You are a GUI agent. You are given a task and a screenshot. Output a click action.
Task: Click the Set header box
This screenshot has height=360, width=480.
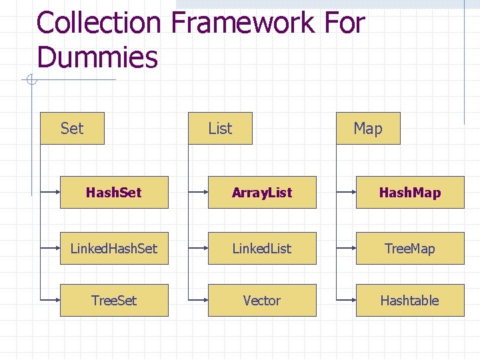click(x=72, y=128)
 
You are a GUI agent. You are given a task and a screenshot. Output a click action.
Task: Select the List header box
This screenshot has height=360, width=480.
click(x=220, y=128)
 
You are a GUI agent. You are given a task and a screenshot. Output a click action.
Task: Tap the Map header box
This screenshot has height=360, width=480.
click(x=368, y=128)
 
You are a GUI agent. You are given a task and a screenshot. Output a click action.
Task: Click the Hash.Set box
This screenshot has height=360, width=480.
click(x=114, y=193)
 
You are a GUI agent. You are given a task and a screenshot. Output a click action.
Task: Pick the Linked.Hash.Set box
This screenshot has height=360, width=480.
click(x=114, y=248)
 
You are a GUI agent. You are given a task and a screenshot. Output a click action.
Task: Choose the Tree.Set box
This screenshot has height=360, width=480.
click(x=114, y=300)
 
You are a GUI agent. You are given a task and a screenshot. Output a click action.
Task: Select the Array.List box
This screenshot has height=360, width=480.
click(x=262, y=193)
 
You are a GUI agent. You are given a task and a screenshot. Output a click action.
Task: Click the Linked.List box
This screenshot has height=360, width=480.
click(x=262, y=248)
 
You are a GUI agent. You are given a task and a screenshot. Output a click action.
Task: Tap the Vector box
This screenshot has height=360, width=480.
click(x=262, y=300)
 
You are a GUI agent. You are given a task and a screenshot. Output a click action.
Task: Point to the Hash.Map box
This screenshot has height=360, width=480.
click(x=410, y=193)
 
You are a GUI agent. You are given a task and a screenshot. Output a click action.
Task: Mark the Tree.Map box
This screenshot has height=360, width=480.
click(x=410, y=248)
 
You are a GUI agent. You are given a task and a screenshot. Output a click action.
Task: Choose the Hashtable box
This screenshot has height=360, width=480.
click(x=410, y=300)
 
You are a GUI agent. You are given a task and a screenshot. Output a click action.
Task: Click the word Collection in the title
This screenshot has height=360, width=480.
click(x=99, y=23)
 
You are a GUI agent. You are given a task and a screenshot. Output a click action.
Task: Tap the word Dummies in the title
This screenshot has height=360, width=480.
click(x=97, y=57)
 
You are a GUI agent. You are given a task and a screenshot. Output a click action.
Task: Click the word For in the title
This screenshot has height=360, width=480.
click(x=345, y=23)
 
